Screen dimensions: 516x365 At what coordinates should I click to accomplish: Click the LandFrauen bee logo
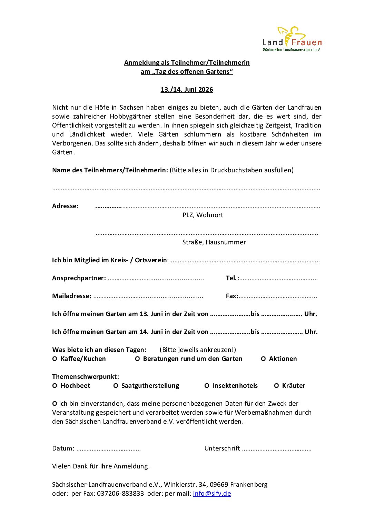point(292,39)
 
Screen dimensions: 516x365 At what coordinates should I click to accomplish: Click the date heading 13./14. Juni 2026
point(187,90)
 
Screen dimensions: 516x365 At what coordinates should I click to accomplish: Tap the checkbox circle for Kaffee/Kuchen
point(55,359)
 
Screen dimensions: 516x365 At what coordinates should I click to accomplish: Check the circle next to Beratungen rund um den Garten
point(137,359)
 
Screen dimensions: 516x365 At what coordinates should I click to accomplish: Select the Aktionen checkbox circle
point(263,359)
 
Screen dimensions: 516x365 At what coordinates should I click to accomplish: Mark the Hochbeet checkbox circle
point(55,386)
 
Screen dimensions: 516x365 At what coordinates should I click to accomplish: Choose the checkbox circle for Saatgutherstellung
point(116,386)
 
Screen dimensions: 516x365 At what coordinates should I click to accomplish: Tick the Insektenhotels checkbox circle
point(207,386)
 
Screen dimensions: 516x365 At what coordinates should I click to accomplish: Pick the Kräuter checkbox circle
point(276,386)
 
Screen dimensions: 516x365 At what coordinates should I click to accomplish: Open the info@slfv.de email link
point(212,493)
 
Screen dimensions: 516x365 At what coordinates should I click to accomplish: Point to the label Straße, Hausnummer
point(214,242)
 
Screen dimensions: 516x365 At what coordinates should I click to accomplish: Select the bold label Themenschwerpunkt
point(86,377)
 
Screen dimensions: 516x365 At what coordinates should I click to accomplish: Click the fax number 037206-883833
point(120,493)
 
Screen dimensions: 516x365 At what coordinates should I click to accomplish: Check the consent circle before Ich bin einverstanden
point(55,404)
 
